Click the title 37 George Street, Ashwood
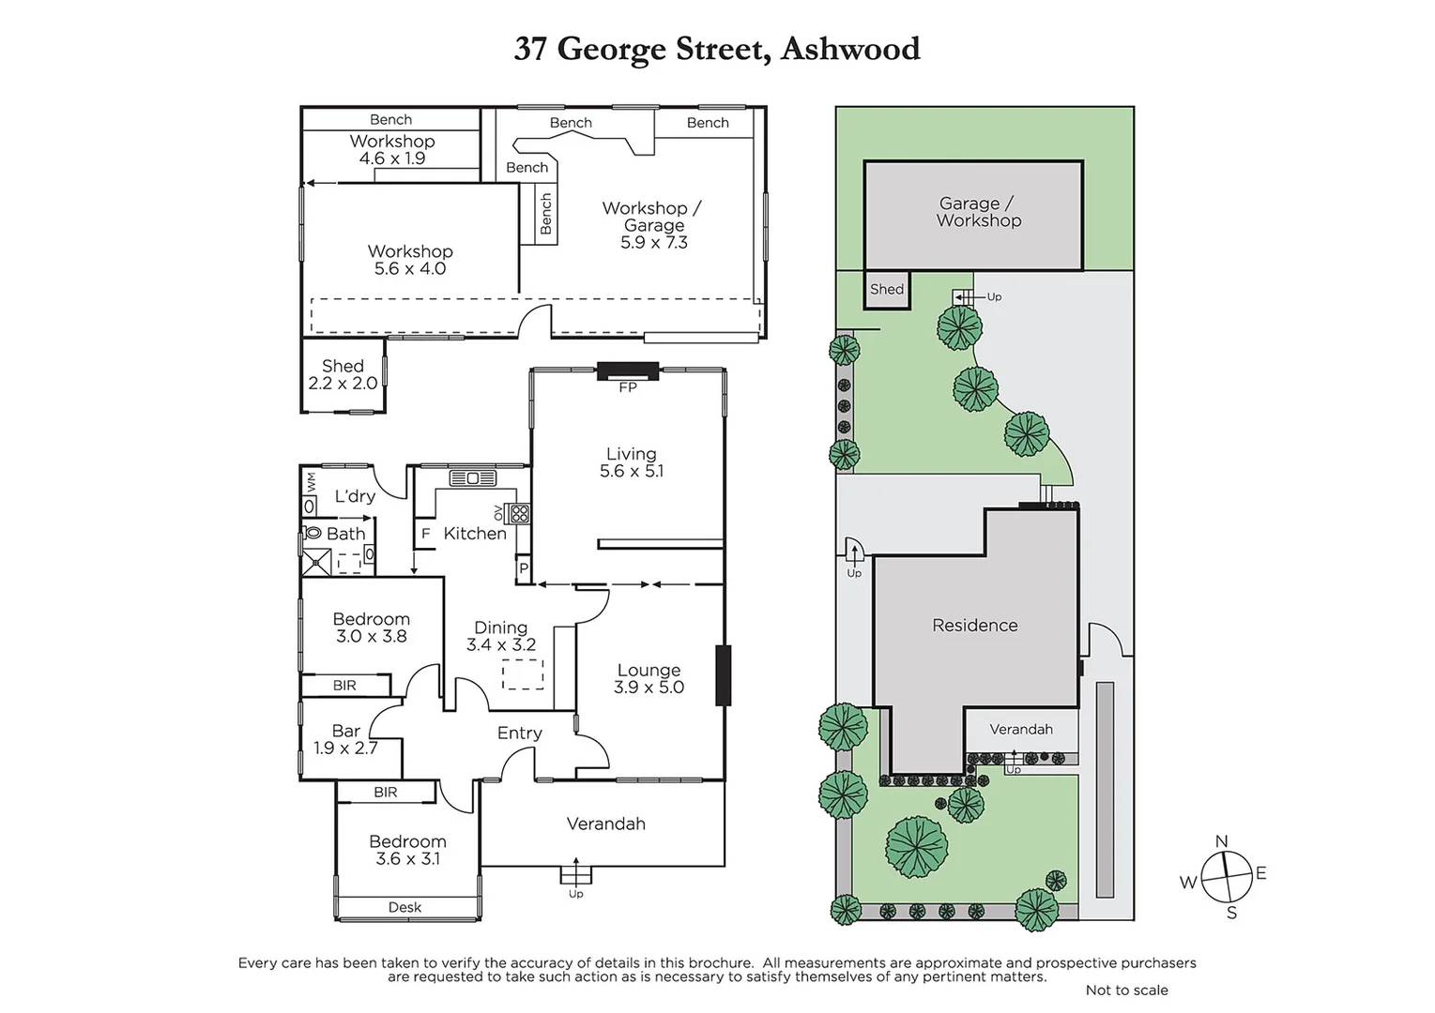click(x=717, y=49)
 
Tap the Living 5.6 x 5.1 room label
click(x=631, y=462)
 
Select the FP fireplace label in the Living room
click(x=627, y=386)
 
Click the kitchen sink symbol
click(x=473, y=478)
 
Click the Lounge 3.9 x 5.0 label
click(x=649, y=678)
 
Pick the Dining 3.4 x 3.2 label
click(x=500, y=636)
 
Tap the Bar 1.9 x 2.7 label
click(x=345, y=739)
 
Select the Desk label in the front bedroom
click(x=405, y=907)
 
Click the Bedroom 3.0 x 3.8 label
click(x=371, y=627)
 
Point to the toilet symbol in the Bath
click(x=313, y=533)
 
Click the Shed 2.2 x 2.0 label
click(x=343, y=374)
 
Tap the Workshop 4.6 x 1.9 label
click(x=392, y=149)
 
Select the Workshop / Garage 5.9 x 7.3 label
click(x=652, y=225)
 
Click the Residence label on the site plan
click(x=974, y=626)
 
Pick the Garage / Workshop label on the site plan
click(x=978, y=212)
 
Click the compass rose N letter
click(x=1221, y=841)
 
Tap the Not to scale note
click(x=1126, y=990)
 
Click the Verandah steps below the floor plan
click(x=576, y=874)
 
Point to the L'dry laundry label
click(x=355, y=496)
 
